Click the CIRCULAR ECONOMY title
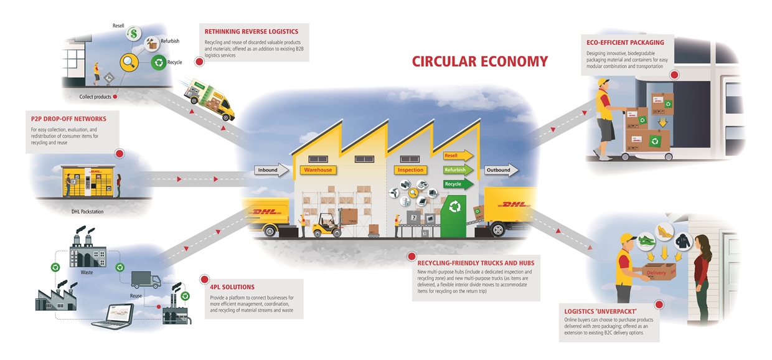(479, 61)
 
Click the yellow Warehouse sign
(318, 169)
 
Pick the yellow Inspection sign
(410, 169)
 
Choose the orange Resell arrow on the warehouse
(458, 155)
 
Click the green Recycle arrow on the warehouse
(458, 184)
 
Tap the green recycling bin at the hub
(457, 215)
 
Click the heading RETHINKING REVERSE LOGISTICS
(251, 31)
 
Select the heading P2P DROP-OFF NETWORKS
(68, 118)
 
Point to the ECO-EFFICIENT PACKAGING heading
(625, 42)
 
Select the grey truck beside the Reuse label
(146, 280)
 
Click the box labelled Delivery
(656, 273)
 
